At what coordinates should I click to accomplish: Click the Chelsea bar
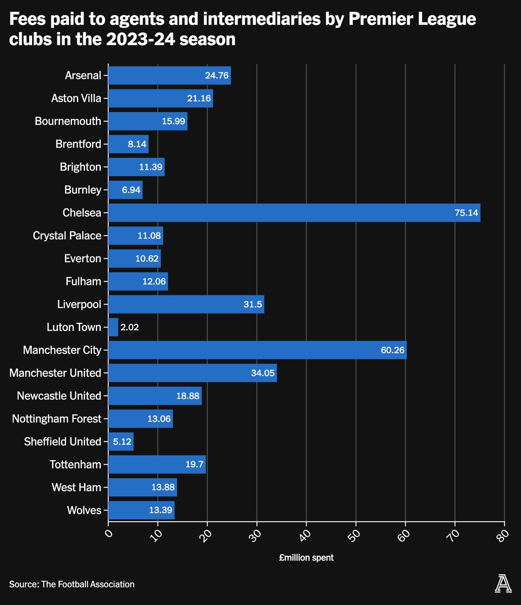(294, 213)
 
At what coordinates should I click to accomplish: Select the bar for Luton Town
(113, 327)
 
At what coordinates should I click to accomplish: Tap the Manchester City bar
(257, 350)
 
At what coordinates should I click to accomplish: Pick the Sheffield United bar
(121, 441)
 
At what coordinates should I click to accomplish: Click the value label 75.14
(466, 213)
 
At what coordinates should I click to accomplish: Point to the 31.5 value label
(253, 304)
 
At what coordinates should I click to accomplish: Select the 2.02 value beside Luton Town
(129, 327)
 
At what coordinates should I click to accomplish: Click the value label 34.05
(263, 373)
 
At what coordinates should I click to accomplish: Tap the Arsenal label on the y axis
(83, 76)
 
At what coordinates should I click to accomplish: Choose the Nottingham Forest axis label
(56, 419)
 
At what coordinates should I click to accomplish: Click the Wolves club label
(84, 510)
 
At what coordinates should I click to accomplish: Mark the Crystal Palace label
(67, 236)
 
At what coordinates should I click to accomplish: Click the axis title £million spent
(306, 558)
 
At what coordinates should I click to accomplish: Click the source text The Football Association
(88, 585)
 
